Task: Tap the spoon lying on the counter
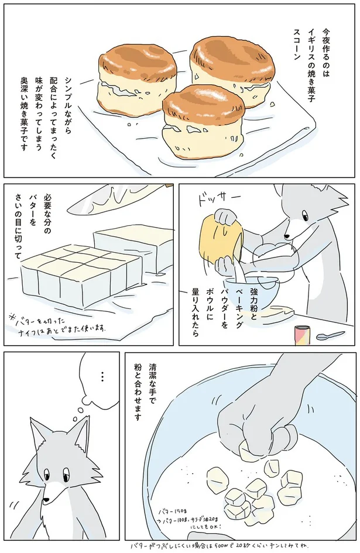pyautogui.click(x=330, y=336)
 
